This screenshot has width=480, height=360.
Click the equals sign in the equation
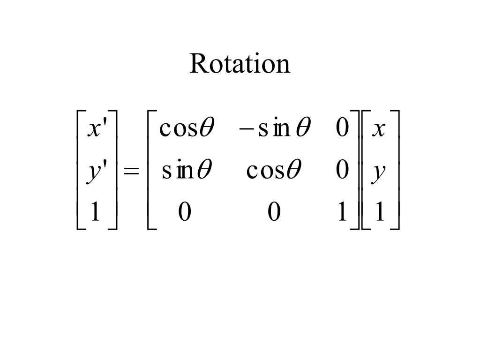(x=131, y=172)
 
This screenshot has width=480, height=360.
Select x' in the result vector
(x=97, y=128)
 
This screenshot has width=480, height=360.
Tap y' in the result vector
(x=97, y=172)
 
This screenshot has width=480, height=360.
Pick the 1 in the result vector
(x=95, y=212)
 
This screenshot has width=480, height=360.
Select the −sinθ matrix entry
(x=274, y=128)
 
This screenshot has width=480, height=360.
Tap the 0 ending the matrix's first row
(x=343, y=128)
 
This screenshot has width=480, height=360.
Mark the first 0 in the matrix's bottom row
(x=185, y=212)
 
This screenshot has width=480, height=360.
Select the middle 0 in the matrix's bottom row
(x=274, y=212)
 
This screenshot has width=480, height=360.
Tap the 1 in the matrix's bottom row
(x=342, y=212)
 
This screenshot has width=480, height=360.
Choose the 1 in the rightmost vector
(x=380, y=212)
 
